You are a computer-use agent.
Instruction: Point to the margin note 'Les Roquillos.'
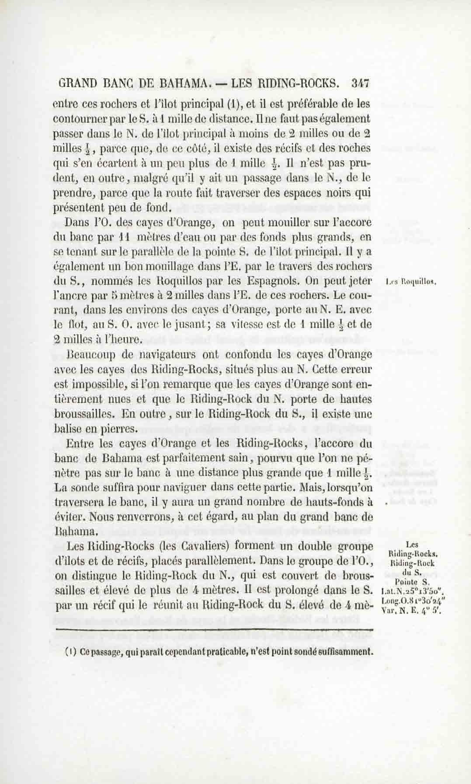(411, 281)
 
